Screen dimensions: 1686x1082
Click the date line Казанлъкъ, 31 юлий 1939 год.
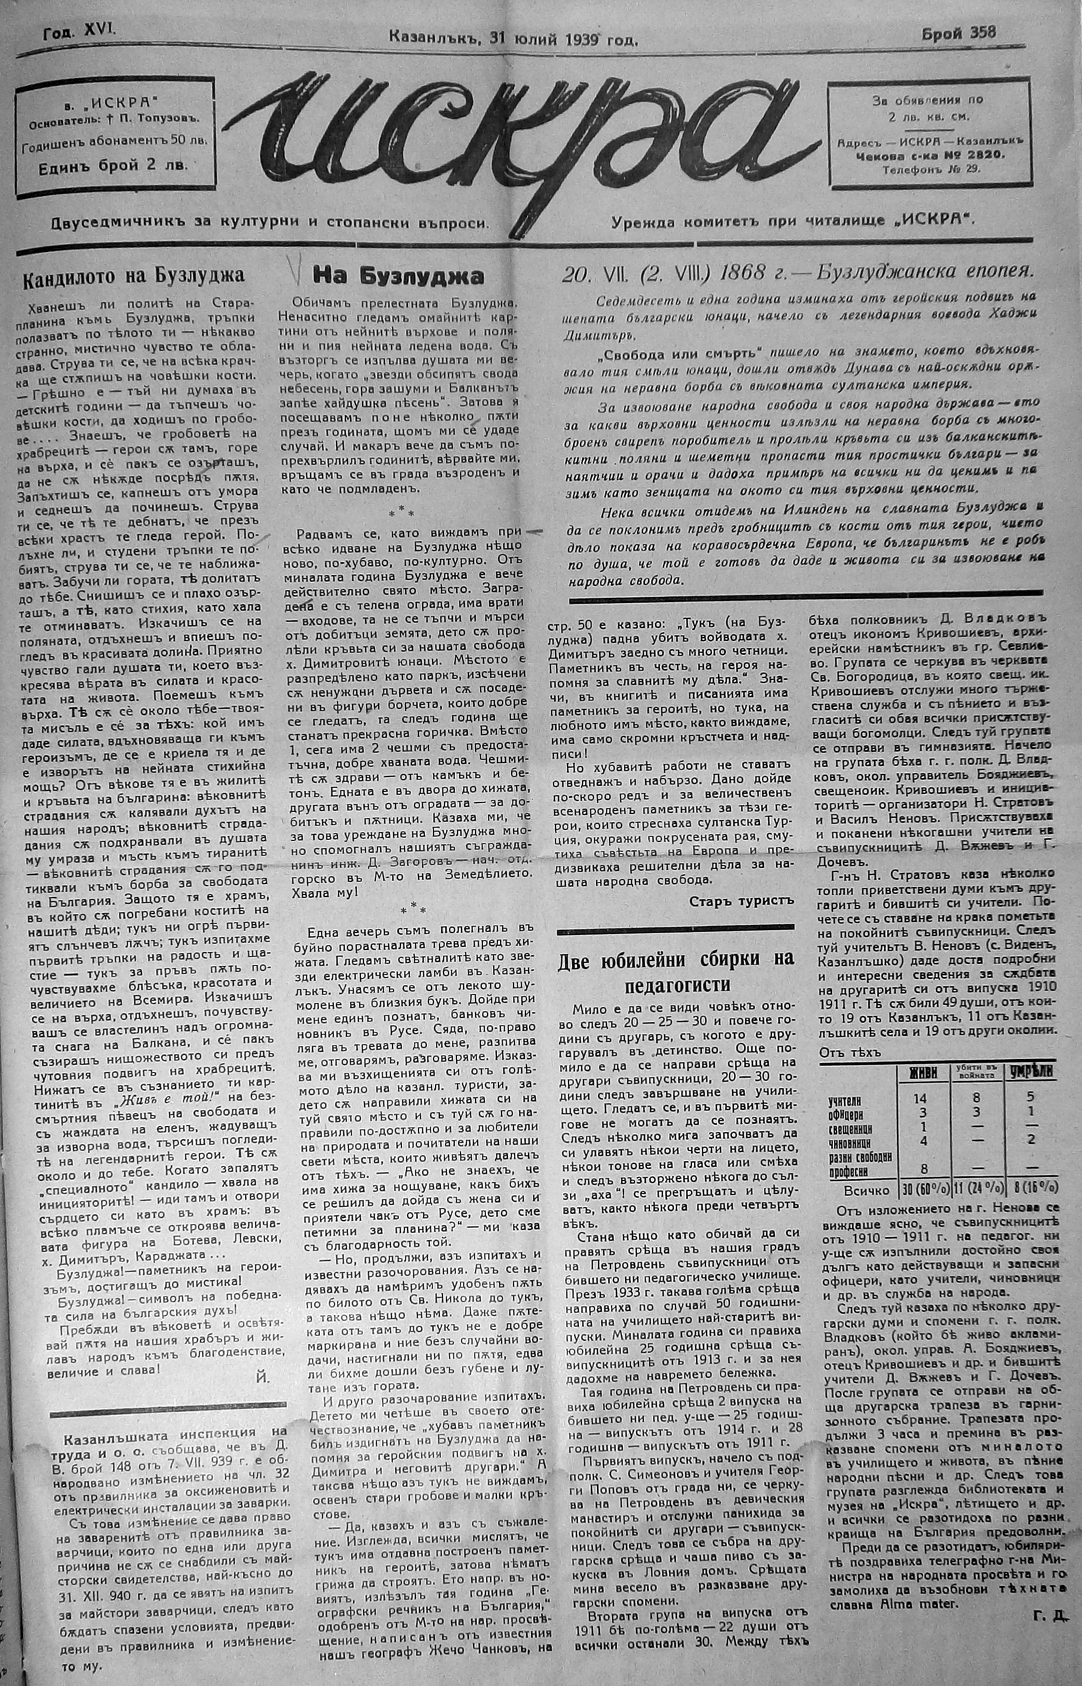513,39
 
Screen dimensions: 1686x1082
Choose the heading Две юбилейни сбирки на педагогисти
675,972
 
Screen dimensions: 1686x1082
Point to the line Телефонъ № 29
932,169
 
